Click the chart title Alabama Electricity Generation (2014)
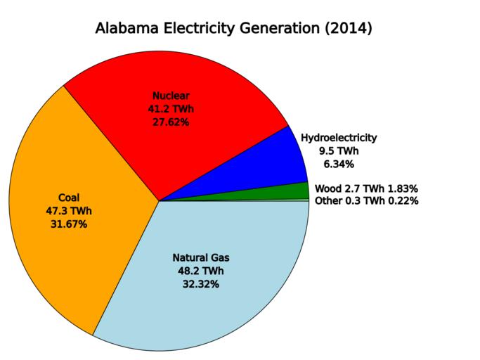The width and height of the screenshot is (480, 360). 233,29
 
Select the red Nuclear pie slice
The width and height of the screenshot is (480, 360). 211,148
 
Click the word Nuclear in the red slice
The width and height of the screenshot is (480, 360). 171,96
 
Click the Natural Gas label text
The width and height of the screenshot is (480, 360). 201,258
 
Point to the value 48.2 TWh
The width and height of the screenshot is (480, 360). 201,271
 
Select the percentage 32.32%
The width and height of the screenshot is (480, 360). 201,284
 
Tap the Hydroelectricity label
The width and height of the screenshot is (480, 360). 339,138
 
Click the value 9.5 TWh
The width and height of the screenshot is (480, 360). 339,151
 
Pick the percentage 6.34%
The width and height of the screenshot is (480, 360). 339,165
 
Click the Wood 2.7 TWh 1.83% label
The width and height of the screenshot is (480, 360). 366,188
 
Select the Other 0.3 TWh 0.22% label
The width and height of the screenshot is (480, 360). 367,201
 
